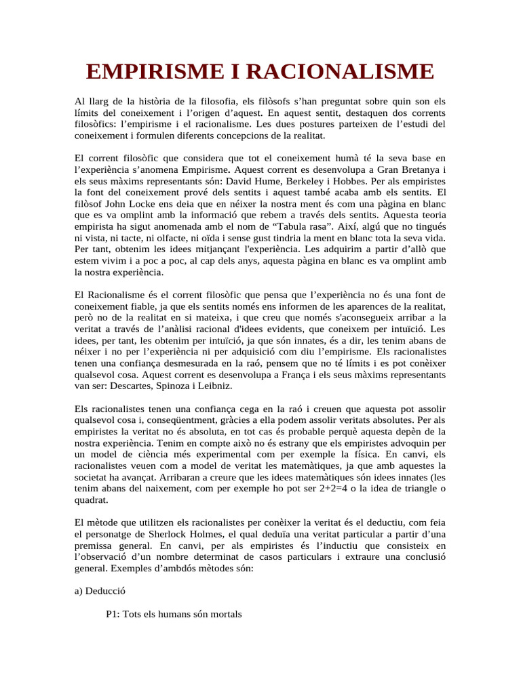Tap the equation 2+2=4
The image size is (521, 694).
pyautogui.click(x=334, y=489)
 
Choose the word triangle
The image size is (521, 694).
pyautogui.click(x=410, y=489)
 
